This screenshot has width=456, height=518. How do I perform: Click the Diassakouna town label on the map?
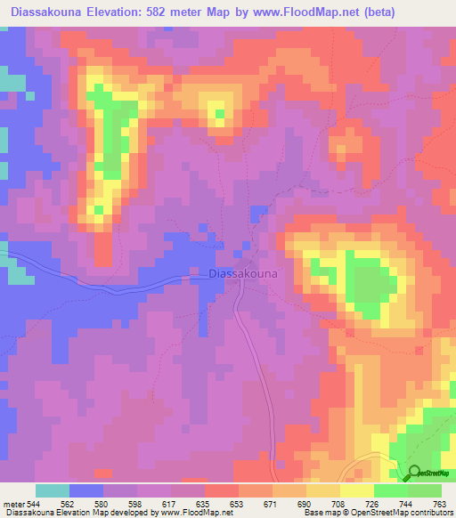242,275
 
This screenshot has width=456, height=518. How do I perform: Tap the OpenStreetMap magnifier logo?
415,473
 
